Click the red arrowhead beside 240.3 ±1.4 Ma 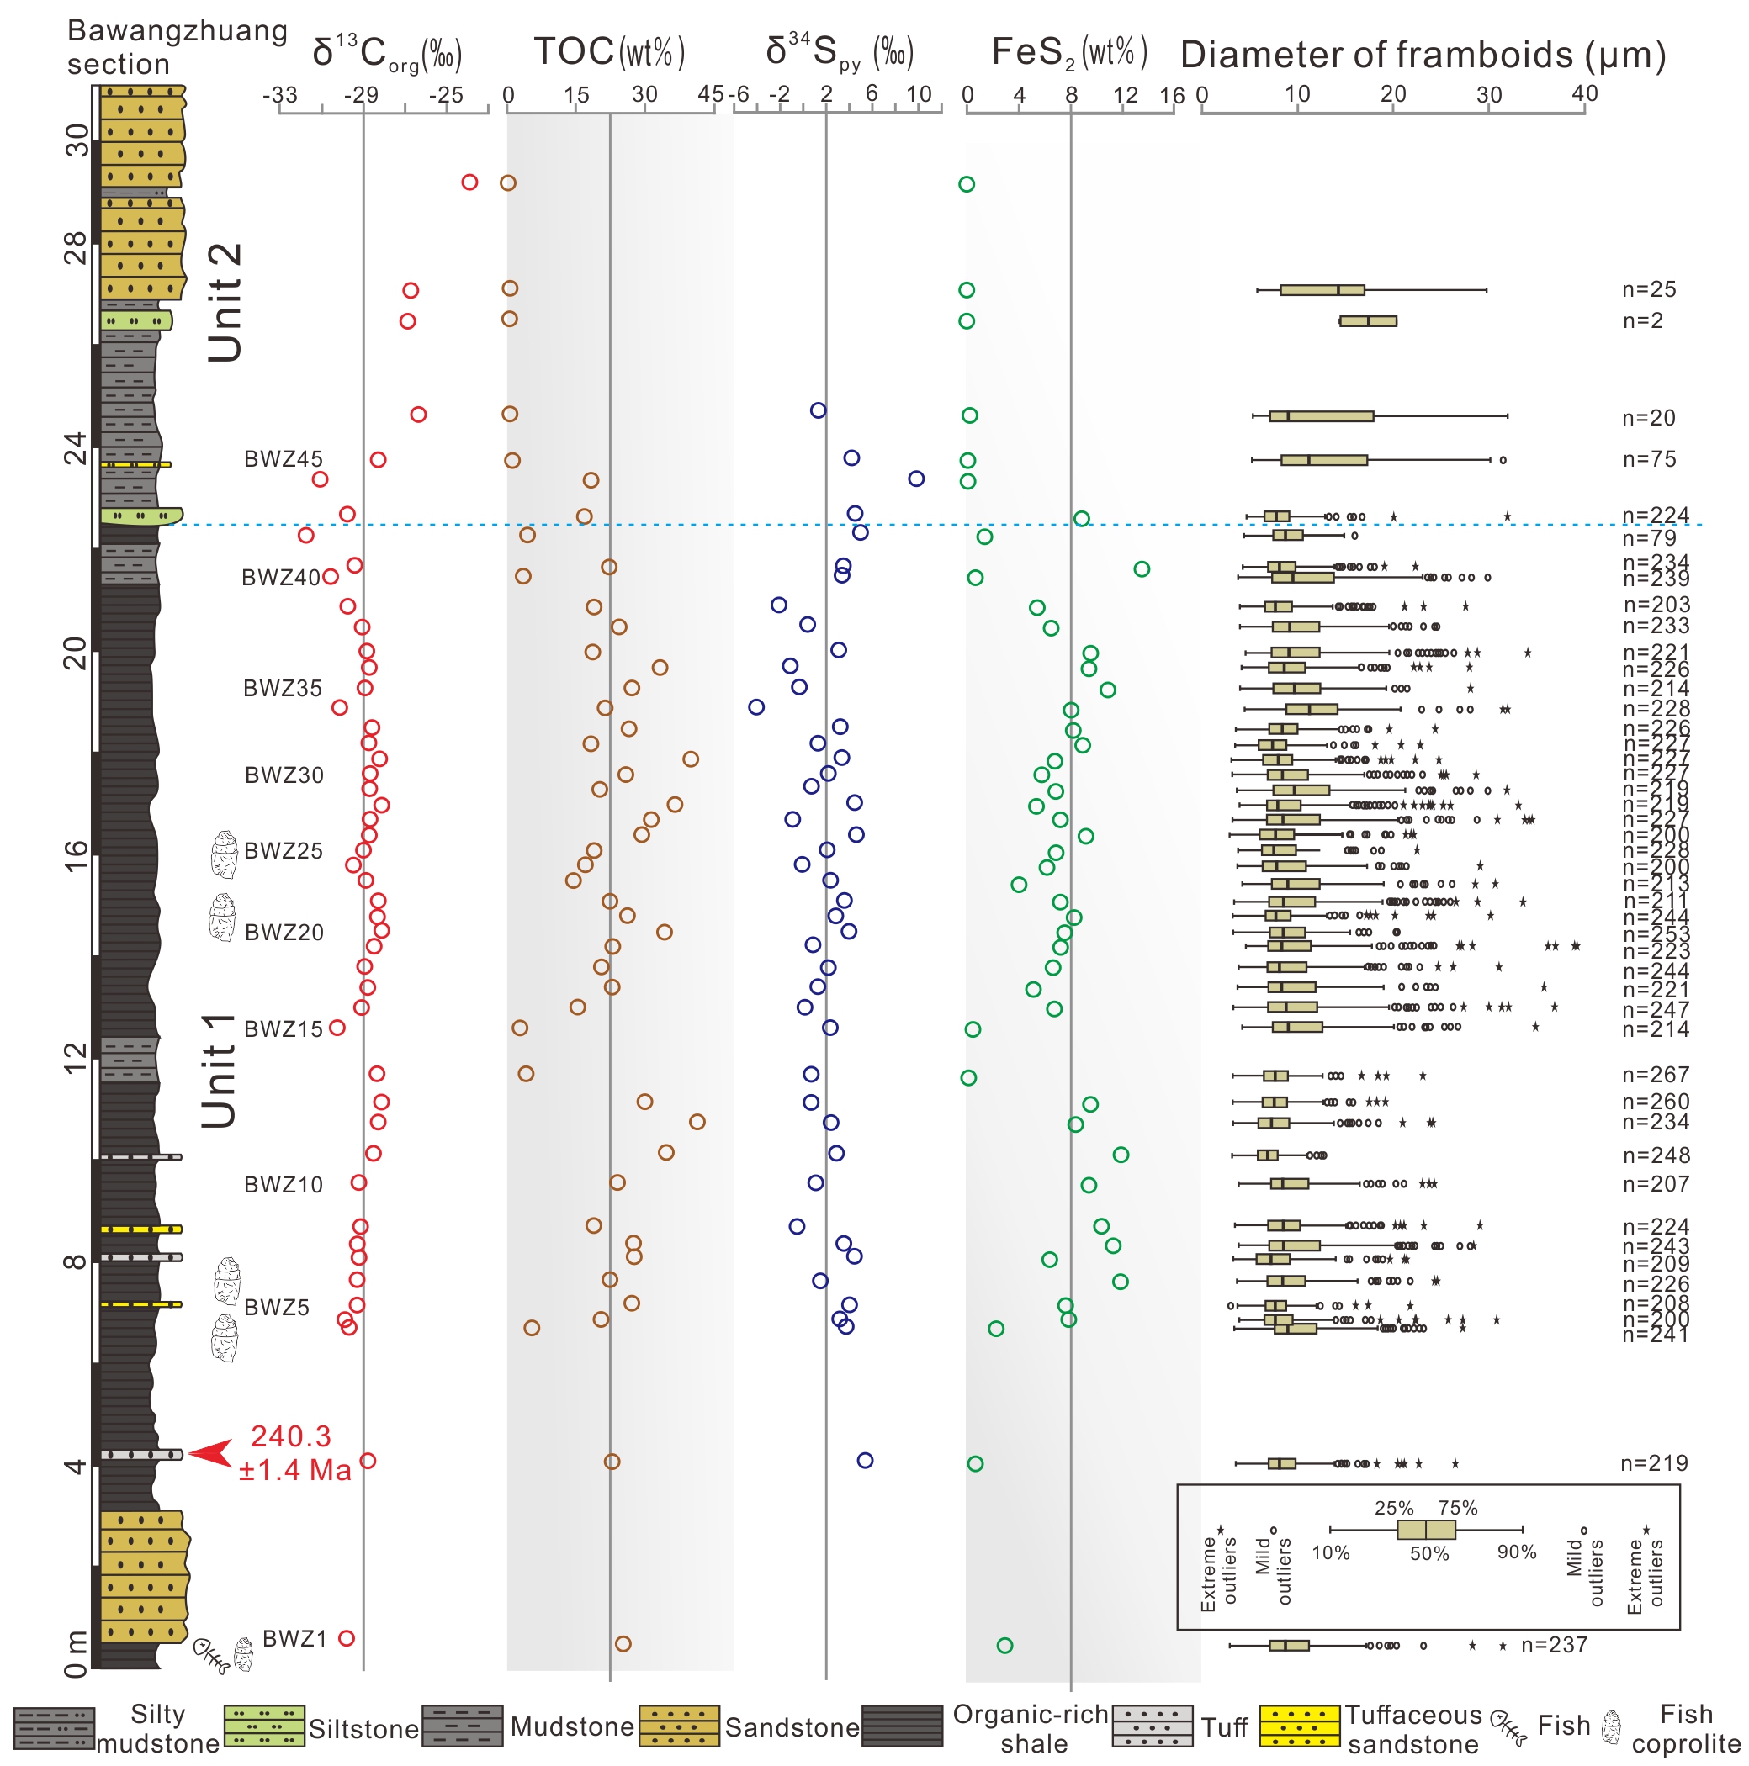pos(210,1452)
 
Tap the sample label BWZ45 pos(283,459)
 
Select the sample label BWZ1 pos(294,1638)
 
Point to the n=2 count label pos(1642,321)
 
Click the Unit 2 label pos(225,303)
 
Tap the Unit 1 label pos(220,1071)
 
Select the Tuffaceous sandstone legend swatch pos(1298,1726)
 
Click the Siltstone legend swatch pos(263,1726)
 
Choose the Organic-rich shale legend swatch pos(902,1726)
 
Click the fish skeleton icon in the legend pos(1508,1726)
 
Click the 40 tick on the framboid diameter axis pos(1584,93)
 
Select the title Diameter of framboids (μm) pos(1423,55)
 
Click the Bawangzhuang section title pos(178,46)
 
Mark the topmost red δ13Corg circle pos(469,182)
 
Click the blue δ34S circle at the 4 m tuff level pos(864,1460)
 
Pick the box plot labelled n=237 pos(1288,1646)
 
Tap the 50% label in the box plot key pos(1428,1553)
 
